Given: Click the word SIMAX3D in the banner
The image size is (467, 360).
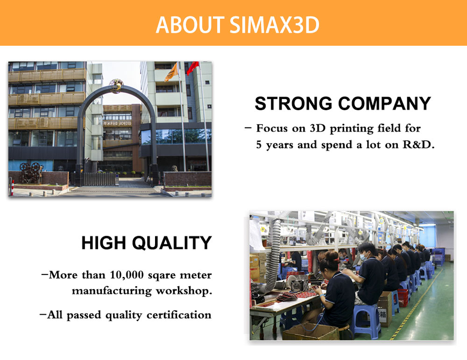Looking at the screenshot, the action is pos(274,25).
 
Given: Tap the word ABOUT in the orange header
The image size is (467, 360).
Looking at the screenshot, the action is pos(190,25).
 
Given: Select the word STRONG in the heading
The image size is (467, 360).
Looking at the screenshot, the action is pos(293,103).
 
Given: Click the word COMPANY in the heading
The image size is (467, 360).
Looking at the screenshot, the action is pos(384,103).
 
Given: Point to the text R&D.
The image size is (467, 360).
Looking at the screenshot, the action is pos(418,144).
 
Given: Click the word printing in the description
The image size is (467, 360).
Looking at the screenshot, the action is pos(352,128).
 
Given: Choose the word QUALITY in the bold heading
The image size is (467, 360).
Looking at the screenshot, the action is pos(172,243).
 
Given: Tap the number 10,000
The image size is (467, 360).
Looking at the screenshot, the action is pos(127,275).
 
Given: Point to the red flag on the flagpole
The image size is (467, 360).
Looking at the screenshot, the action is pos(193,68).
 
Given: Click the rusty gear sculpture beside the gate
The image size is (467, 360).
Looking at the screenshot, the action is pos(31,173).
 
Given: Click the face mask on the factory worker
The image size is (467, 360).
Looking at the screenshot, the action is pos(364,256).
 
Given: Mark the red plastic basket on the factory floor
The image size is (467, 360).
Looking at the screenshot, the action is pos(403,297).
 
